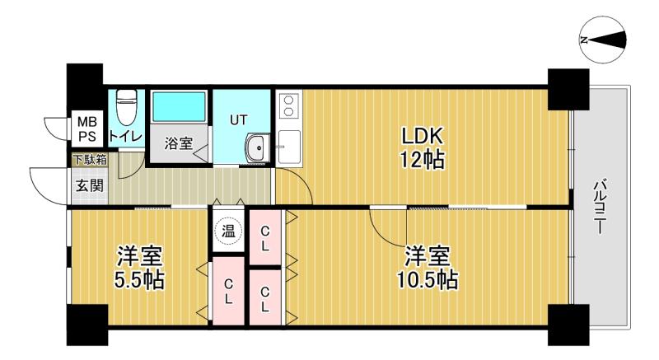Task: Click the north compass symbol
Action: click(x=602, y=40)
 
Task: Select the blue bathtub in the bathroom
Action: click(x=179, y=107)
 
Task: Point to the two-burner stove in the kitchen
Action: click(x=289, y=105)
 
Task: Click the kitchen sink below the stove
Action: click(x=289, y=147)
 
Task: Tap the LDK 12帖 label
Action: click(x=422, y=147)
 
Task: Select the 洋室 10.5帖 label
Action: click(x=427, y=268)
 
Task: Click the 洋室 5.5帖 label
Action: click(x=139, y=268)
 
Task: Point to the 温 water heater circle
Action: click(x=228, y=231)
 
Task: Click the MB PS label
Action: click(x=87, y=129)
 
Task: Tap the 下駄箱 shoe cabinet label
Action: click(x=90, y=160)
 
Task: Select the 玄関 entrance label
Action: click(x=90, y=185)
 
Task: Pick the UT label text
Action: click(x=238, y=120)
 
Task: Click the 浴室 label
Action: click(x=179, y=143)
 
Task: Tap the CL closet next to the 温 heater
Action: click(x=264, y=237)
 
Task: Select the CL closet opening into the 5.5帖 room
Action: click(x=228, y=291)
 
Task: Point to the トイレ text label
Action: click(x=126, y=136)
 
